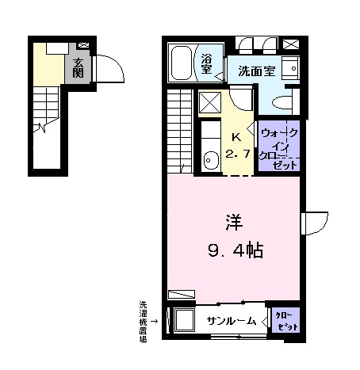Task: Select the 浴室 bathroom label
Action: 206,64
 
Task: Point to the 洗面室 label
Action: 257,71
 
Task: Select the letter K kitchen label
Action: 236,136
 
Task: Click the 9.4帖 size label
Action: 233,251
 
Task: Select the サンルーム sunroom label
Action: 232,321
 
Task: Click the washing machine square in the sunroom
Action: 184,321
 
